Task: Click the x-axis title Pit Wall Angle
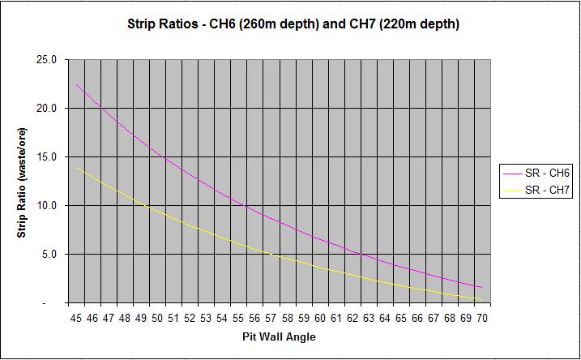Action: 279,335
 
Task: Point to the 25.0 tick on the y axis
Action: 46,60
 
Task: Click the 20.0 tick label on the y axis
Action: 46,109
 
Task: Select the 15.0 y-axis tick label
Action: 46,157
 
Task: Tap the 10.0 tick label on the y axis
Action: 46,206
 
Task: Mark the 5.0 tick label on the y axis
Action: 49,255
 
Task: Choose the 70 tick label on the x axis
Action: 482,318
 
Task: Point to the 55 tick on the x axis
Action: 239,318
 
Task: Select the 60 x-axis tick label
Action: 320,318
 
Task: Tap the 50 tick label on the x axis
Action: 158,318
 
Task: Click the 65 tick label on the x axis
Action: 401,318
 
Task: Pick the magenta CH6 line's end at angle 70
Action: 482,288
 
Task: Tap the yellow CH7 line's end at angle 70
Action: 482,300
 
